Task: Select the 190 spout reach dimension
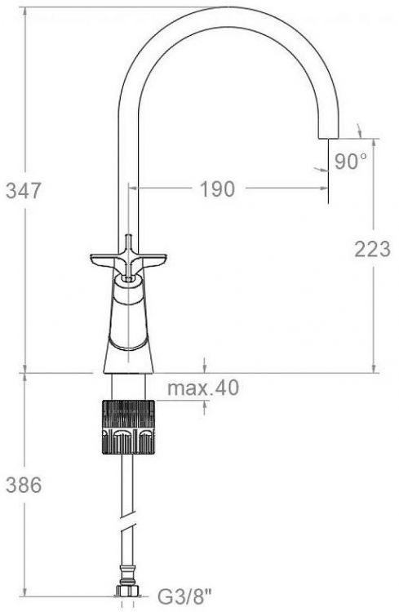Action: click(216, 189)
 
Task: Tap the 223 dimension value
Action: click(372, 251)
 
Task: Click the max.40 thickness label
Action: click(204, 389)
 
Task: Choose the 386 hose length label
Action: click(23, 486)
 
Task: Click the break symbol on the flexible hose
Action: click(126, 518)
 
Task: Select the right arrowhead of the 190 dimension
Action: click(325, 189)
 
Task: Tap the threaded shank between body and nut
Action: click(127, 387)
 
